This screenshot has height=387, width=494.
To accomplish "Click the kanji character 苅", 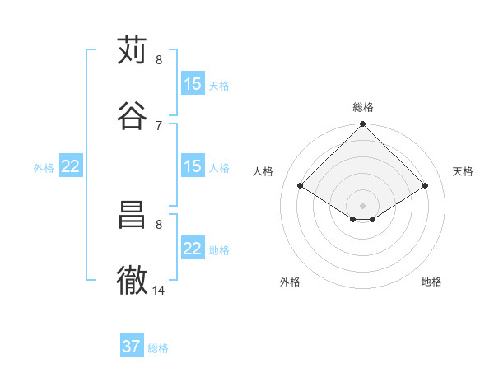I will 132,50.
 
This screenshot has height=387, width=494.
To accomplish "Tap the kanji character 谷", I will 132,115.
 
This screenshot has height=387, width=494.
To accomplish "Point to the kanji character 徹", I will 132,280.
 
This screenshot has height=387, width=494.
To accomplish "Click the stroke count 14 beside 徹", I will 159,290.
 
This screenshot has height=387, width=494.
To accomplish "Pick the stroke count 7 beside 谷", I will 159,125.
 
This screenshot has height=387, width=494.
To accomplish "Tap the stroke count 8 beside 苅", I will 159,60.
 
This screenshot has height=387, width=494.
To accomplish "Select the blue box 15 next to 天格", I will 193,84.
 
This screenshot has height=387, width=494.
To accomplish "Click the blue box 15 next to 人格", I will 193,166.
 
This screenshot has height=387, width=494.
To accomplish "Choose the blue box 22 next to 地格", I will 193,249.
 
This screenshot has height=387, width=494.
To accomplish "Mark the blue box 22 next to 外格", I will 71,166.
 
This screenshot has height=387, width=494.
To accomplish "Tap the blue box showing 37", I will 132,347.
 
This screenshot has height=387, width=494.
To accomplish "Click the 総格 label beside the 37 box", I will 158,348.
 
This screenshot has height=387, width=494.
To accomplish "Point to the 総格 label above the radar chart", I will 363,107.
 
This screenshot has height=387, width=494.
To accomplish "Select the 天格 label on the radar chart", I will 463,171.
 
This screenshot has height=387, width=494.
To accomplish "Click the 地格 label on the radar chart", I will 431,282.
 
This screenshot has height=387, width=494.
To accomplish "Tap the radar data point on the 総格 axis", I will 363,125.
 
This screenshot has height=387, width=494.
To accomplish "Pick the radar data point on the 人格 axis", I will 301,185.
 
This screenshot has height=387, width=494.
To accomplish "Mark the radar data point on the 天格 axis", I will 426,185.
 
